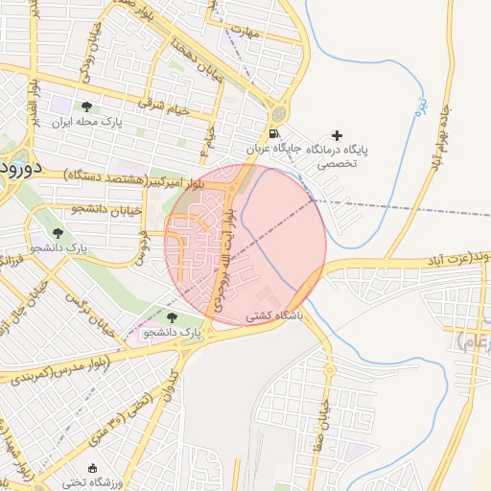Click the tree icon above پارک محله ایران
(87, 107)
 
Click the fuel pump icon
(276, 133)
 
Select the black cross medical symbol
(336, 135)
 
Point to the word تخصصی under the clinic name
(337, 164)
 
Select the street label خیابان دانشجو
(106, 208)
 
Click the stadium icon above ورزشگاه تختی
(92, 468)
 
